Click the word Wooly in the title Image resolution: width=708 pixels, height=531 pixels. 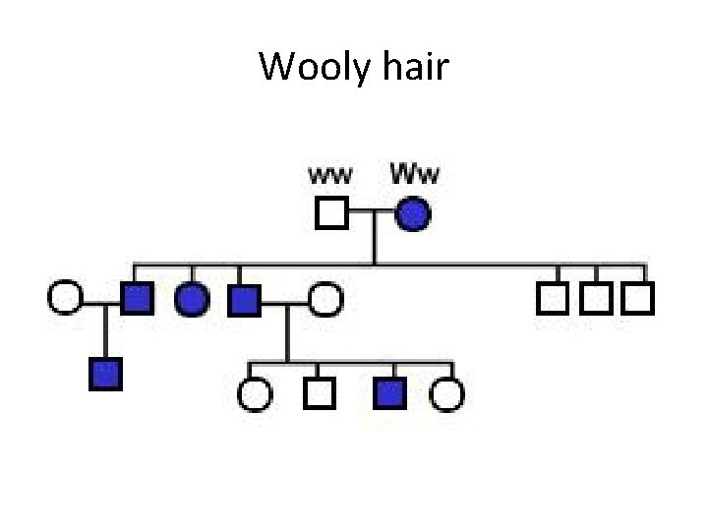(x=310, y=68)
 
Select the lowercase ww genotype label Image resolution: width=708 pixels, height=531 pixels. (x=331, y=177)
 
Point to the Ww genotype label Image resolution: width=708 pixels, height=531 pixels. (x=415, y=176)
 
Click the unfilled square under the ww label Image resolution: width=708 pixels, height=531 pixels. (x=331, y=212)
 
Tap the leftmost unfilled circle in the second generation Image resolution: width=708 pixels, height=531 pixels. (x=64, y=296)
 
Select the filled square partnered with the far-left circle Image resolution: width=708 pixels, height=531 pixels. (x=137, y=297)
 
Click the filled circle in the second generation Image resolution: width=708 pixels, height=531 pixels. (x=192, y=298)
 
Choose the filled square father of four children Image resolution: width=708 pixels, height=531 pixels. (x=243, y=298)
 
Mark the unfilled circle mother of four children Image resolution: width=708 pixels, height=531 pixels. (x=324, y=298)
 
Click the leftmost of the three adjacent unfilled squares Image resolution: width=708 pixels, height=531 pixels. (x=553, y=297)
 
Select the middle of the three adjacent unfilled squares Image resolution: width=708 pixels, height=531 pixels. (x=596, y=297)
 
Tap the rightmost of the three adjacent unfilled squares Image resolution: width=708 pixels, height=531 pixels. (x=638, y=297)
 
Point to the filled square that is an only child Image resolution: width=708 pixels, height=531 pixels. (x=105, y=374)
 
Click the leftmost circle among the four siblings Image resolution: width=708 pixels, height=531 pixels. (x=254, y=393)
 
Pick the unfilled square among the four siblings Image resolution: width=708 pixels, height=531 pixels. (x=318, y=393)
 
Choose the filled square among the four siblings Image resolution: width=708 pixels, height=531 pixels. (x=389, y=393)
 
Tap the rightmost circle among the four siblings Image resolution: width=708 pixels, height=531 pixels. (x=447, y=393)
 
